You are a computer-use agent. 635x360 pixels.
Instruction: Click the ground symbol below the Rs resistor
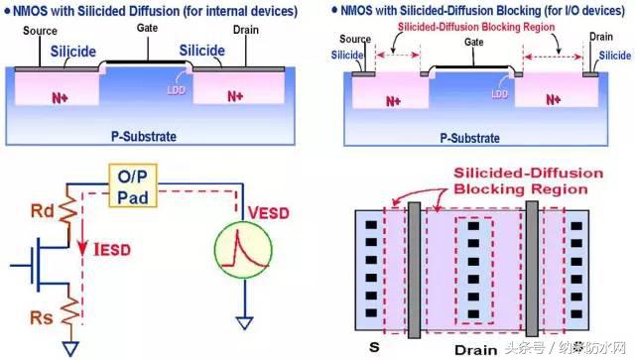(x=69, y=346)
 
